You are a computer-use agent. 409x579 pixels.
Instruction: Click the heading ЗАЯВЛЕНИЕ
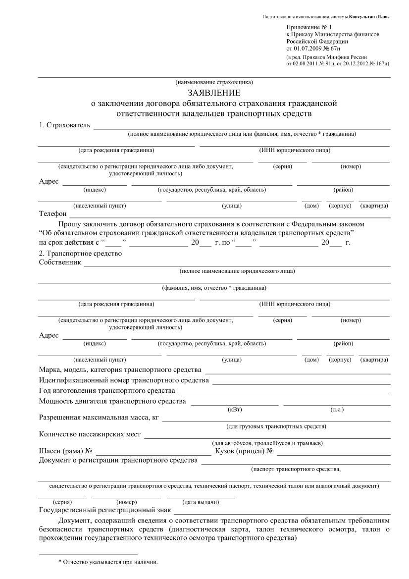214,93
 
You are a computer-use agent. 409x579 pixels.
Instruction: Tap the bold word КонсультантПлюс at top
369,17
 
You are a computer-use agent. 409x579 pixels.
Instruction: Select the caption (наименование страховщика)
214,82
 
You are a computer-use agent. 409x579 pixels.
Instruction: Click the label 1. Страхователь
64,125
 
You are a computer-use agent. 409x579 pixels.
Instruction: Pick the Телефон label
52,213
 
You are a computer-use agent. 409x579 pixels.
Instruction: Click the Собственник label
59,262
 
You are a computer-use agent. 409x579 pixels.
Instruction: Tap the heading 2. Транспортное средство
80,254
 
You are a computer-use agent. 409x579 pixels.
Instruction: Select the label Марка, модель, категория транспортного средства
120,370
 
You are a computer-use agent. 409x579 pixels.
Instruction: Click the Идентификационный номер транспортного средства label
124,380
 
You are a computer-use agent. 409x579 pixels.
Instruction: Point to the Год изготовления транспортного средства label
106,391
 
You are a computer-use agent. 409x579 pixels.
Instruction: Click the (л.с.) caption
337,409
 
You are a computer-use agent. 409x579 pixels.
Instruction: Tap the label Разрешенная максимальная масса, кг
99,418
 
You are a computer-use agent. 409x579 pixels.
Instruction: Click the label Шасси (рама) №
66,451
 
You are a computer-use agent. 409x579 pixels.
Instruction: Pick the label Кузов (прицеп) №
245,451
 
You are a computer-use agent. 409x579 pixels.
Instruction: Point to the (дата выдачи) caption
201,502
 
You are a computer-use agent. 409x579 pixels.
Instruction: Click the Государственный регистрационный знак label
105,510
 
